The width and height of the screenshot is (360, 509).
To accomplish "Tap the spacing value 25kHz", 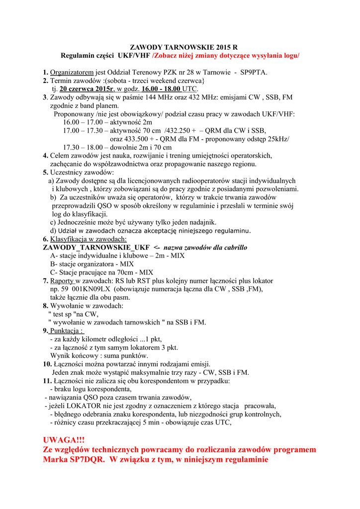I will [277, 139].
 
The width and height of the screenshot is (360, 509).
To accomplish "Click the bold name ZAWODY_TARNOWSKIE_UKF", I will [96, 247].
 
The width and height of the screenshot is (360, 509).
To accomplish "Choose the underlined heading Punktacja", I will [67, 331].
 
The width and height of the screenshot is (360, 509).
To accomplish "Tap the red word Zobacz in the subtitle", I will [166, 55].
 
